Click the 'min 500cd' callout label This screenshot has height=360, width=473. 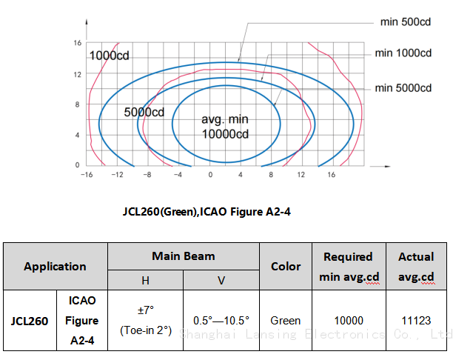tap(405, 22)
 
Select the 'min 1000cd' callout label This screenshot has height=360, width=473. tap(403, 53)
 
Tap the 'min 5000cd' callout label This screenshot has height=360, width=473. tap(403, 88)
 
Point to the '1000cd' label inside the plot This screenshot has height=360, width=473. tap(110, 56)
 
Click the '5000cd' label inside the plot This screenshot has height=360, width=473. tap(144, 113)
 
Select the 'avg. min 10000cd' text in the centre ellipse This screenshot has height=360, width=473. tap(225, 127)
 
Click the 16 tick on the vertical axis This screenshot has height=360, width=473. tap(78, 43)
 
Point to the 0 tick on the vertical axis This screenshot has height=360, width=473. tap(78, 164)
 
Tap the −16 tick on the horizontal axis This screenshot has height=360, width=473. tap(87, 175)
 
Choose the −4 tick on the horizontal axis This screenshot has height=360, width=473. tap(178, 175)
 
